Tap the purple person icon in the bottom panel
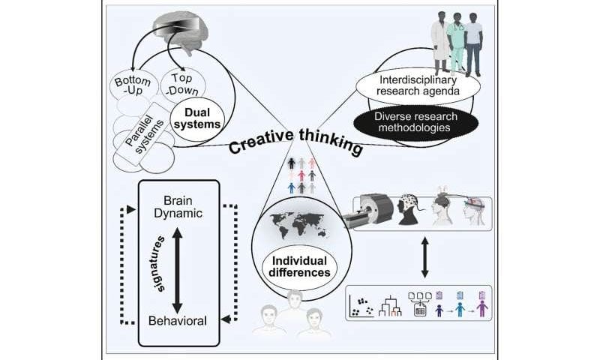[481, 307]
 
